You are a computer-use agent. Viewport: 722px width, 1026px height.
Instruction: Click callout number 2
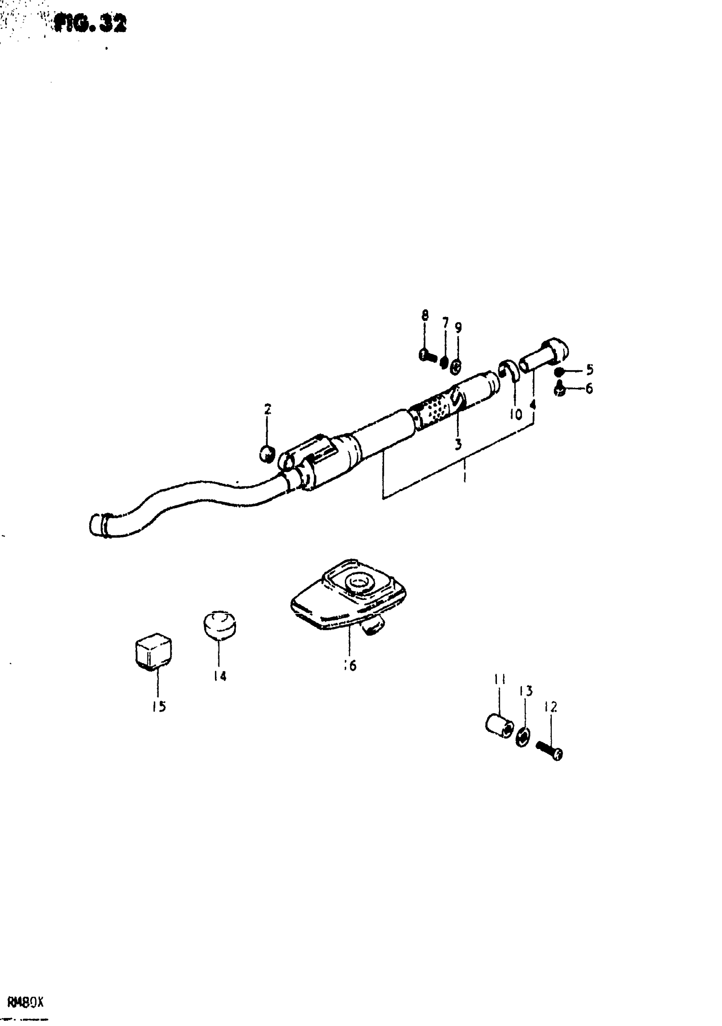coord(268,408)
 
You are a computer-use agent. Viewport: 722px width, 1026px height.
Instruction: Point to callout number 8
coord(425,316)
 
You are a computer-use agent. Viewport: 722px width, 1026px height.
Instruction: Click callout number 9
coord(458,328)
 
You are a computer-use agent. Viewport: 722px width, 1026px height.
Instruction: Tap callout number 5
coord(589,370)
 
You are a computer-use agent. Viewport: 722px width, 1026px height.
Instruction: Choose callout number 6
coord(589,389)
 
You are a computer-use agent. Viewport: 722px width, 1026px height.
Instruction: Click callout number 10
coord(516,415)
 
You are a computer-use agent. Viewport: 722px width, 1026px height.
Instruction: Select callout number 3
coord(458,444)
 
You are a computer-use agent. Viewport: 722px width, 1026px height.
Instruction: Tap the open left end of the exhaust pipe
coord(95,524)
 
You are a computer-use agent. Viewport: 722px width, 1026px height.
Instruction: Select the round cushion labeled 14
coord(220,624)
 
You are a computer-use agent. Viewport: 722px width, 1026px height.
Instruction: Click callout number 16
coord(350,679)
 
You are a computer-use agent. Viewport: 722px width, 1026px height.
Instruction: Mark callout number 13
coord(526,691)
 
